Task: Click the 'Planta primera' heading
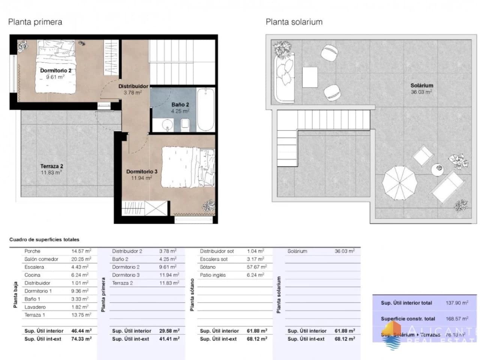pos(35,22)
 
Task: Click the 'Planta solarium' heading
pos(294,22)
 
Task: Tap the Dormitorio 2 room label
pos(55,70)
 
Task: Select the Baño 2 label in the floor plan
pos(180,105)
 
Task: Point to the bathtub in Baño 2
pos(205,109)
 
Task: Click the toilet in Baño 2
pos(184,124)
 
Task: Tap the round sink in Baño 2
pos(166,124)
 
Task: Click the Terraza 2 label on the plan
pos(52,166)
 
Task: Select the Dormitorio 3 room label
pos(141,172)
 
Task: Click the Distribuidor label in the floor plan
pos(133,86)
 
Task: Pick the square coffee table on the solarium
pos(310,77)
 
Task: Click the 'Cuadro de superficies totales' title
pos(44,240)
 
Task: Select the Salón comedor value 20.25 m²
pos(81,259)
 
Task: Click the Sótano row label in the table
pos(208,267)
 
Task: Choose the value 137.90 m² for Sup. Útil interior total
pos(457,303)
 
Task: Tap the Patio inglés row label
pos(213,275)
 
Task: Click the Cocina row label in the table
pos(32,275)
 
